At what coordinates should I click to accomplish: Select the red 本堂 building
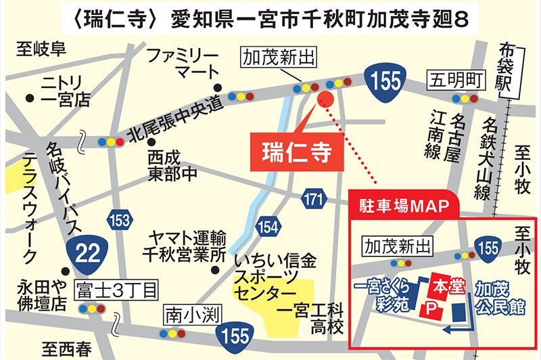[448, 286]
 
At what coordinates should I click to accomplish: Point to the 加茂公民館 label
[500, 298]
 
